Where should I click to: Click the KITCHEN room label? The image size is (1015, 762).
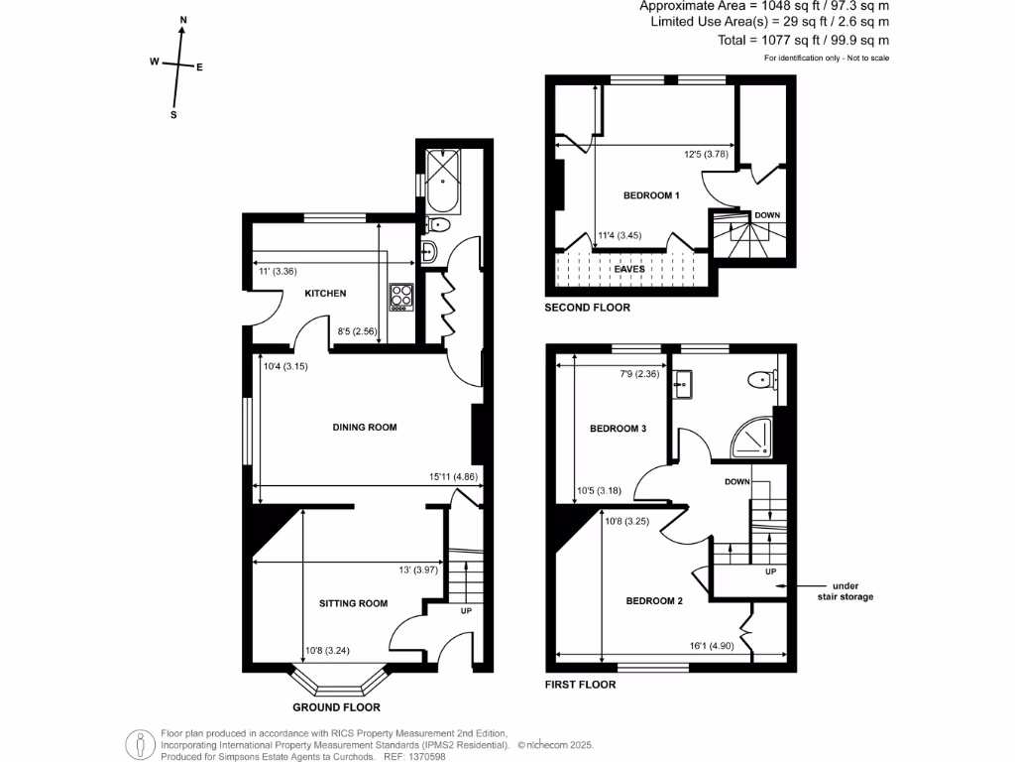pos(325,294)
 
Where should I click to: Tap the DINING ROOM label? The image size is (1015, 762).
pos(364,428)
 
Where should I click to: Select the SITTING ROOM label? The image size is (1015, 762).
pos(353,603)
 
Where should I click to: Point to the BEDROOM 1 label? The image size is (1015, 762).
pos(650,195)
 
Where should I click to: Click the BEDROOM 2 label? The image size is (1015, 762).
pos(654,600)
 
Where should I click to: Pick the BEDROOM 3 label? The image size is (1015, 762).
pos(618,429)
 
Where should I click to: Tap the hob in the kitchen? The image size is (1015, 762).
pos(401,297)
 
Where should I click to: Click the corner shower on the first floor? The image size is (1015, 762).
pos(753,441)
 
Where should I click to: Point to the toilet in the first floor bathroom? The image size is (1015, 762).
pos(764,378)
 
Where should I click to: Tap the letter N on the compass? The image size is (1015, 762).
pos(183,20)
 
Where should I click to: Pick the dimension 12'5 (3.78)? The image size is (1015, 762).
pos(707,154)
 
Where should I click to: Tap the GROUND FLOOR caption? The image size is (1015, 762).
pos(336,708)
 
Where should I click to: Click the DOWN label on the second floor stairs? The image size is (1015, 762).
pos(767,215)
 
